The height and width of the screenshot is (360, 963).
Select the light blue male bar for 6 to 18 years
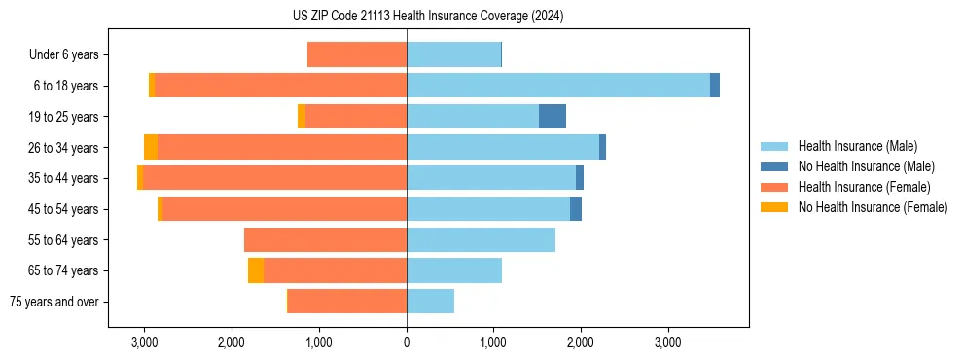point(558,86)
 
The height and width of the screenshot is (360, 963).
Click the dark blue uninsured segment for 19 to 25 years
point(552,117)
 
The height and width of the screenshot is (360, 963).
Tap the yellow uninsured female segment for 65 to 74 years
point(256,270)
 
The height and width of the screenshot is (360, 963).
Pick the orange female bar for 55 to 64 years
point(325,240)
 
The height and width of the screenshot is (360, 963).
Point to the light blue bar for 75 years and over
point(430,302)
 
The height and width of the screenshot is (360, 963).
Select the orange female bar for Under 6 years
point(357,55)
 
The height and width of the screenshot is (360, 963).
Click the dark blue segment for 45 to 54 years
point(576,209)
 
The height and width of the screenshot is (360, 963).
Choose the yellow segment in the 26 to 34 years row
point(151,148)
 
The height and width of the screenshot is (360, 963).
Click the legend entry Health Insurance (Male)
point(857,146)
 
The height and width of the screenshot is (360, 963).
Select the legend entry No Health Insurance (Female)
point(873,207)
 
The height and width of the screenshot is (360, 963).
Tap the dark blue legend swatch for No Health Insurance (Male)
point(774,166)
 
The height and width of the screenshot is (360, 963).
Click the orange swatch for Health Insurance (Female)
point(774,187)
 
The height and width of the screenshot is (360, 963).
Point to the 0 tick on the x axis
point(407,342)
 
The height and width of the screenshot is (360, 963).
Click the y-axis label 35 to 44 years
point(63,179)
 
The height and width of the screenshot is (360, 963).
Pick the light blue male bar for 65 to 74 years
point(454,270)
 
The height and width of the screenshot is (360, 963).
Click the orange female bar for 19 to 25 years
point(356,117)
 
